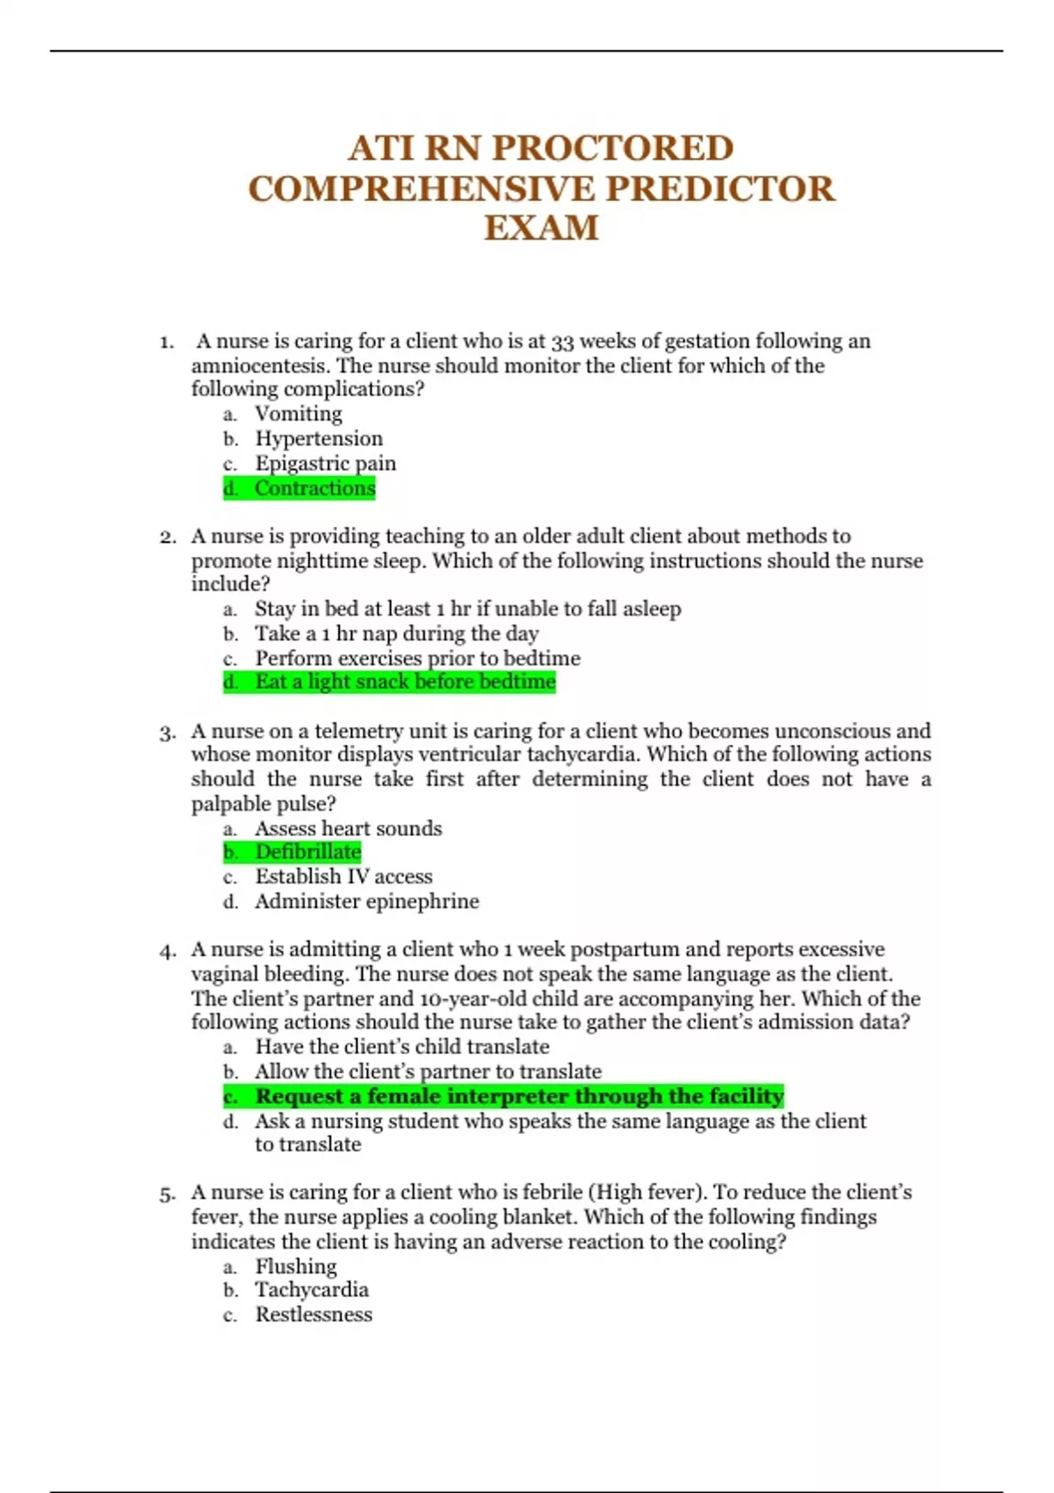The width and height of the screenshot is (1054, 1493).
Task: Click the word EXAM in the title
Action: pos(541,228)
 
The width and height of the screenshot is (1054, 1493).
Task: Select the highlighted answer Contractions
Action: pos(314,488)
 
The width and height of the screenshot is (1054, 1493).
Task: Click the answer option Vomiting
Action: pos(299,414)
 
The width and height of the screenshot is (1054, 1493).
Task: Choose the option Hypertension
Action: pos(319,438)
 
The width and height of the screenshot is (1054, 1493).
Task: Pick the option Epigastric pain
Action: pos(325,463)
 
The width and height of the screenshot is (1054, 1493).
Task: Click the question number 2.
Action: pos(168,537)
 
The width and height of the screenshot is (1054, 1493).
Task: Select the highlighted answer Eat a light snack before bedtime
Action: pos(405,682)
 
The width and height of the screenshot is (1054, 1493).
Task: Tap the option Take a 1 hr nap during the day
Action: pos(396,633)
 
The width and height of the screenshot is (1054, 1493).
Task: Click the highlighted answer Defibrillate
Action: pos(307,852)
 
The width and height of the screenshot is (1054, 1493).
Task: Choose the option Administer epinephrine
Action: pos(367,901)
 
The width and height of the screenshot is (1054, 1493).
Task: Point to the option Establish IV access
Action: pos(343,876)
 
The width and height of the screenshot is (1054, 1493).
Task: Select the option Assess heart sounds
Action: pos(348,828)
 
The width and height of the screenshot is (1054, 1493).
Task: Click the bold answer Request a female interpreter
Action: pos(519,1096)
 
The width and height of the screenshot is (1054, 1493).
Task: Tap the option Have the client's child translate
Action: pos(401,1047)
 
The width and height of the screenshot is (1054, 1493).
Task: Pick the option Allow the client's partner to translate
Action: pos(428,1071)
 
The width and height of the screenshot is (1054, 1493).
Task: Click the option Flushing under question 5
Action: pos(296,1266)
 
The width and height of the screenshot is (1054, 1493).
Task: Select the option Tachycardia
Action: pos(312,1290)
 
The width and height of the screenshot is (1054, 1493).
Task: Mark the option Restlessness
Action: pos(314,1315)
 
